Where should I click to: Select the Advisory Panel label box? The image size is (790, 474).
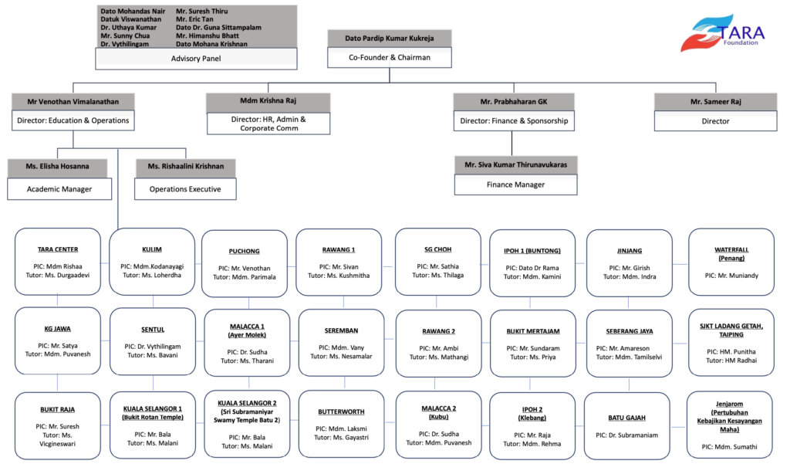[x=197, y=57]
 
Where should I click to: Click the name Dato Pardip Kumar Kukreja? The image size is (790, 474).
[x=389, y=38]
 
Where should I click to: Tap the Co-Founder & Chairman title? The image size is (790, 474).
[x=389, y=57]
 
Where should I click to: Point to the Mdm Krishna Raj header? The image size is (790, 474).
[x=268, y=101]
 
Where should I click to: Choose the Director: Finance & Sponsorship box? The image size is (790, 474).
[x=515, y=120]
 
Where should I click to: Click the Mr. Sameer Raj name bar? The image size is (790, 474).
[x=715, y=101]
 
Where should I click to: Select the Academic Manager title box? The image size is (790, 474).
[x=60, y=188]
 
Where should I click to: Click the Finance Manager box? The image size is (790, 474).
[x=515, y=185]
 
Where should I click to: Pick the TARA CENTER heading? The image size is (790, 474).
[x=58, y=249]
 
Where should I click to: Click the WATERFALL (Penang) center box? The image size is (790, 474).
[x=731, y=262]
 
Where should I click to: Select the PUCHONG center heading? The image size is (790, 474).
[x=244, y=251]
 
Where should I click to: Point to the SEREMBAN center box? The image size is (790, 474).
[x=341, y=343]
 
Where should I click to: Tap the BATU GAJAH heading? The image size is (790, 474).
[x=626, y=418]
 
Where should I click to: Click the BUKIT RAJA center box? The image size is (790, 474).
[x=58, y=425]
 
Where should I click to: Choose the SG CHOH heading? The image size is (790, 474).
[x=437, y=249]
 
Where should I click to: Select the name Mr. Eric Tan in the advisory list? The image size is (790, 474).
[x=197, y=19]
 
